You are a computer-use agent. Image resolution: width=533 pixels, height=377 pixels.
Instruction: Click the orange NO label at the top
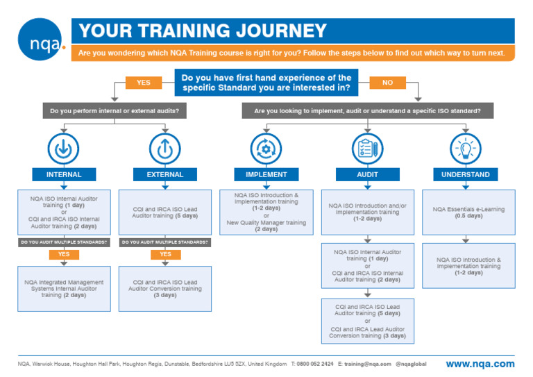[387, 83]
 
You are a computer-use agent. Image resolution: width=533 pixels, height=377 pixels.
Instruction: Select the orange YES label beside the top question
[143, 83]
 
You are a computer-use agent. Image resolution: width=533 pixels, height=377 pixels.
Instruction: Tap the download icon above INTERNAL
[64, 148]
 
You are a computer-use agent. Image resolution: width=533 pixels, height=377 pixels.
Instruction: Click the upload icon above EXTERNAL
[165, 148]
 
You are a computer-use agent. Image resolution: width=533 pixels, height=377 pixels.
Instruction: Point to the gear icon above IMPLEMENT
[266, 148]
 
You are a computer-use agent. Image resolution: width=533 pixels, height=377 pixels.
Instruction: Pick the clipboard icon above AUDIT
[367, 148]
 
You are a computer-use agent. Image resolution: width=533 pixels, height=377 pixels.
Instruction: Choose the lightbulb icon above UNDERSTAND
[466, 148]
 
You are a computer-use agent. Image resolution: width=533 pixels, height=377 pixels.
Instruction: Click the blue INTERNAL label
[64, 175]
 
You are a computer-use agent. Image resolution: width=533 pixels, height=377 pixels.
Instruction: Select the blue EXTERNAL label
[165, 175]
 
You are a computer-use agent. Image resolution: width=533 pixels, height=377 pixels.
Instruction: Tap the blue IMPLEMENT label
[266, 175]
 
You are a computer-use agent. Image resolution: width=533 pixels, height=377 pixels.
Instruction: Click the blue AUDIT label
[367, 175]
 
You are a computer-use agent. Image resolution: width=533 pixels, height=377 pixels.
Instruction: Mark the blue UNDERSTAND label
[466, 175]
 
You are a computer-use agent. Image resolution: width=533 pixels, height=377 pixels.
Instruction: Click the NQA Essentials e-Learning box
[468, 212]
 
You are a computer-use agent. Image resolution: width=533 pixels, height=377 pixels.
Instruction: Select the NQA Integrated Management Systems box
[64, 288]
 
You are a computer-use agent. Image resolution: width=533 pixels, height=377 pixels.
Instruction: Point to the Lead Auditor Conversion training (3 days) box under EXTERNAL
[165, 288]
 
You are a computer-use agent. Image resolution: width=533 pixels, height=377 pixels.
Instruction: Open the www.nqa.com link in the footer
[480, 364]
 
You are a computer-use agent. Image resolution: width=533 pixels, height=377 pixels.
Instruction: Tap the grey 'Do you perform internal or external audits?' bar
[114, 111]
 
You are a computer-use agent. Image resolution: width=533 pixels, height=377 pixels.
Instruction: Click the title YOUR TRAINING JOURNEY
[203, 31]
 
